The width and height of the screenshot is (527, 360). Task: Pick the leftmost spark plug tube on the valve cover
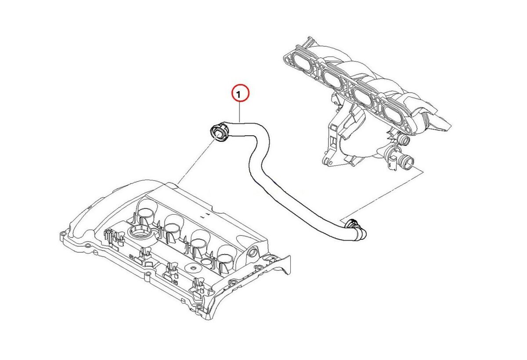point(148,209)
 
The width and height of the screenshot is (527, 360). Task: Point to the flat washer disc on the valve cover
point(193,268)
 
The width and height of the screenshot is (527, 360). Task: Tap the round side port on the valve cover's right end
point(252,252)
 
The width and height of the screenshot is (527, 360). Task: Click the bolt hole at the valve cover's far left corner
point(62,234)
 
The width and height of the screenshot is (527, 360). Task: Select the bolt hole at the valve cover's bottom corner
point(199,306)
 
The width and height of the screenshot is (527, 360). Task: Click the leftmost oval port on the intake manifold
point(303,64)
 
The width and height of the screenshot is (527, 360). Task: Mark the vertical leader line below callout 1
point(239,112)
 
